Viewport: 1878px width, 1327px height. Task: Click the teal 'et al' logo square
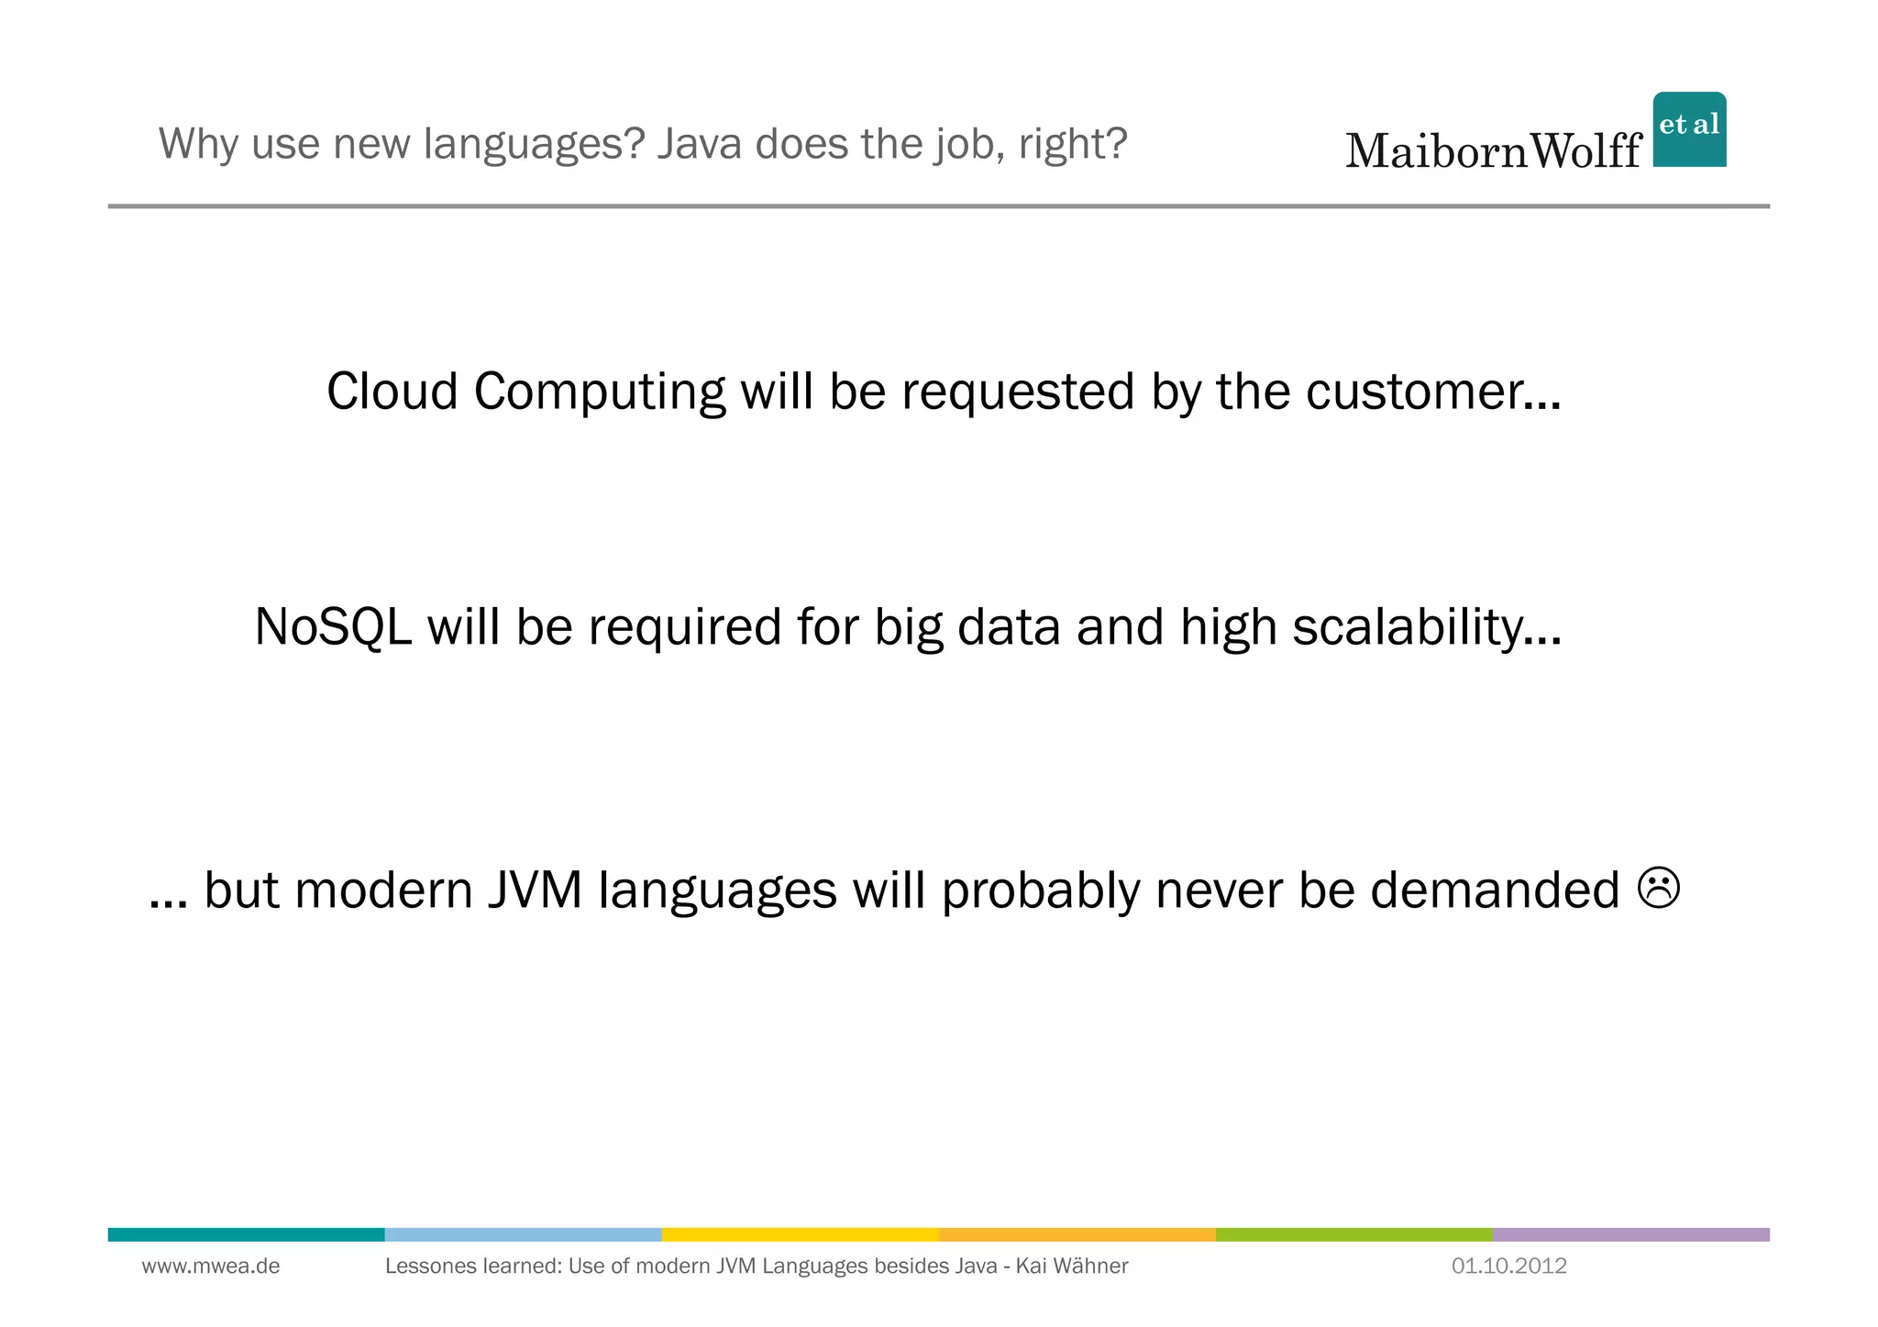[1688, 129]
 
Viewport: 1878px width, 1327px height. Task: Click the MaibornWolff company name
[1493, 151]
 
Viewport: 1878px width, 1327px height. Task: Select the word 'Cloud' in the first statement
[392, 392]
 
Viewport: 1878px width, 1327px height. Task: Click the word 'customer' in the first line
[1432, 392]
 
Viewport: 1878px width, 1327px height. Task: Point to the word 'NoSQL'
[333, 627]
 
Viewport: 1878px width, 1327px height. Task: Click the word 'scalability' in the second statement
[1426, 627]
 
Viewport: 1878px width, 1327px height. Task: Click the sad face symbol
[1658, 888]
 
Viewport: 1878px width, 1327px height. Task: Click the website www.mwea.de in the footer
[211, 1266]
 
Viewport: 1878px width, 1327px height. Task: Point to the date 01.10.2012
[1508, 1266]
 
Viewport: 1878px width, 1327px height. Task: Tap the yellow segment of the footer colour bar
[800, 1234]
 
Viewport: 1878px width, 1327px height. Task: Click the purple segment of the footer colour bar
[1630, 1234]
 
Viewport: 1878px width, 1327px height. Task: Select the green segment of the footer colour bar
[1353, 1234]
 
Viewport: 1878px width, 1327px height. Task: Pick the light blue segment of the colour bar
[523, 1234]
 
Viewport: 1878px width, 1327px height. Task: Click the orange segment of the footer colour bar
[1077, 1234]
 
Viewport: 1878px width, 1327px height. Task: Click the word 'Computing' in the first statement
[599, 393]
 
